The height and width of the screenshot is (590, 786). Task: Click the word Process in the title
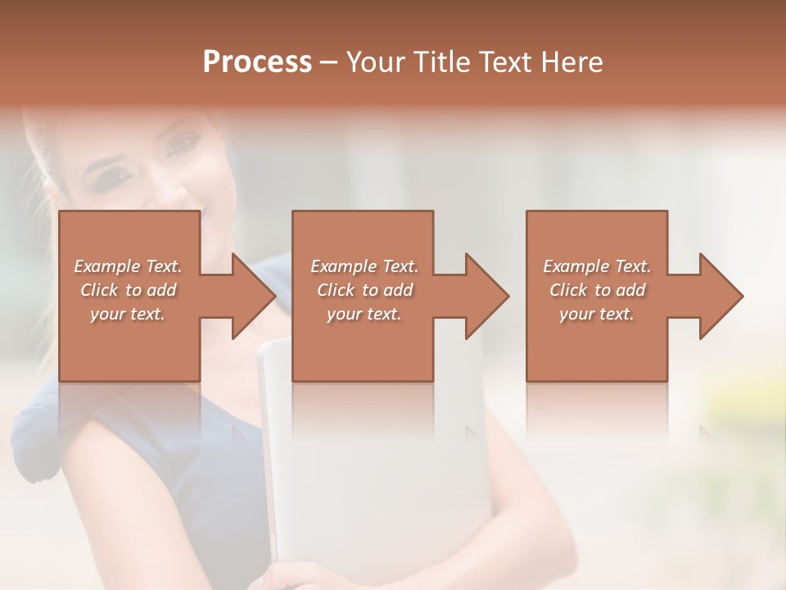click(x=257, y=62)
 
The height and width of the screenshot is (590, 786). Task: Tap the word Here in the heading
click(x=571, y=62)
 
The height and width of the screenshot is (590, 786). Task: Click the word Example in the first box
click(x=106, y=266)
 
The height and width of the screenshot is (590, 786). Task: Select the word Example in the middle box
click(x=343, y=266)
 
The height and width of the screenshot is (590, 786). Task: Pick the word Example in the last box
click(x=576, y=266)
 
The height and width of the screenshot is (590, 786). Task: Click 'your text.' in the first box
click(x=128, y=314)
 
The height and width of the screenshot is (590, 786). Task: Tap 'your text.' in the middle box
click(x=364, y=314)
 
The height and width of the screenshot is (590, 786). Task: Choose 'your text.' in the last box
click(x=597, y=314)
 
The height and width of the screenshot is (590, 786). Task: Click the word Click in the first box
click(x=99, y=290)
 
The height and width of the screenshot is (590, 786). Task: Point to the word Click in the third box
click(x=568, y=290)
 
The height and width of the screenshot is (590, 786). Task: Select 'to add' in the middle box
click(x=387, y=290)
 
